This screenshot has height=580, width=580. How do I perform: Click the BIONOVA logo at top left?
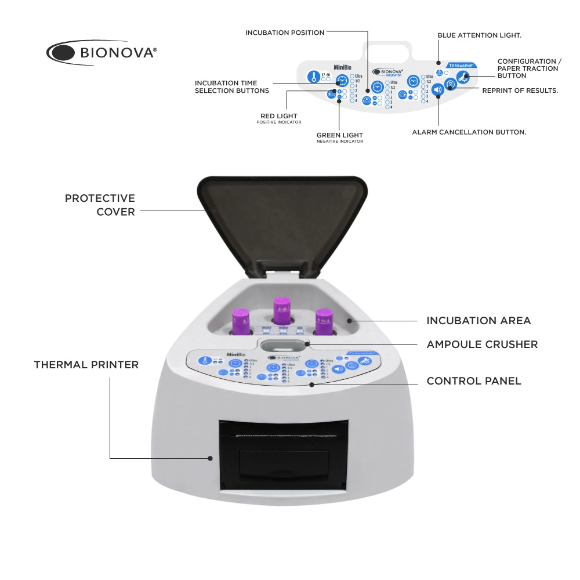point(101,53)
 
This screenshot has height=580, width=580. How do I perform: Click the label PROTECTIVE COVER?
point(100,205)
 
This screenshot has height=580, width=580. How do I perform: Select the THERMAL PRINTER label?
point(86,365)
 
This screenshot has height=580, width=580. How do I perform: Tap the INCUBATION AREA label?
point(478,321)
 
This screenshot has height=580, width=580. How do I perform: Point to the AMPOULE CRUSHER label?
point(482,345)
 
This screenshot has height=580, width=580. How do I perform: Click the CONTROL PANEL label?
point(474,381)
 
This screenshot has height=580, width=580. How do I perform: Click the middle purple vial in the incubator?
point(281,312)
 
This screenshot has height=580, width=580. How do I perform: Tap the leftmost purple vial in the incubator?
point(240,321)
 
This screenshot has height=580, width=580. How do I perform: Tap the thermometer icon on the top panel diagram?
point(314,77)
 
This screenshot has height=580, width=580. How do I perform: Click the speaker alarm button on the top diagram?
point(438,90)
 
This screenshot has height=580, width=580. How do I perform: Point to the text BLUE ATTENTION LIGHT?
point(479,35)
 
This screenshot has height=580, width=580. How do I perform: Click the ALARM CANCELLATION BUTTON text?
point(469,132)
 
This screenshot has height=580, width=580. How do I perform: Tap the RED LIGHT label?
point(279,116)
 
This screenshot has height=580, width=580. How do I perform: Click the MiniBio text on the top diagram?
point(343,67)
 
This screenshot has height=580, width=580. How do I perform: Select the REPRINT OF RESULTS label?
point(520,90)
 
